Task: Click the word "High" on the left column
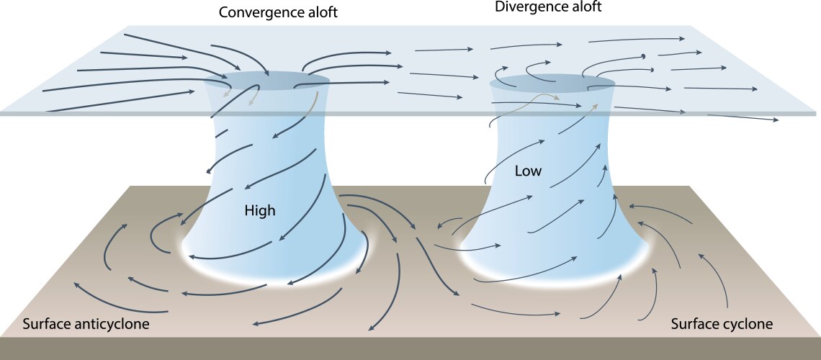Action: coord(260,211)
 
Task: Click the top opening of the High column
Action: coord(266,80)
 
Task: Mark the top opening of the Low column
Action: coord(552,83)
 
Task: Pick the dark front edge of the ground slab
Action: coord(410,348)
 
